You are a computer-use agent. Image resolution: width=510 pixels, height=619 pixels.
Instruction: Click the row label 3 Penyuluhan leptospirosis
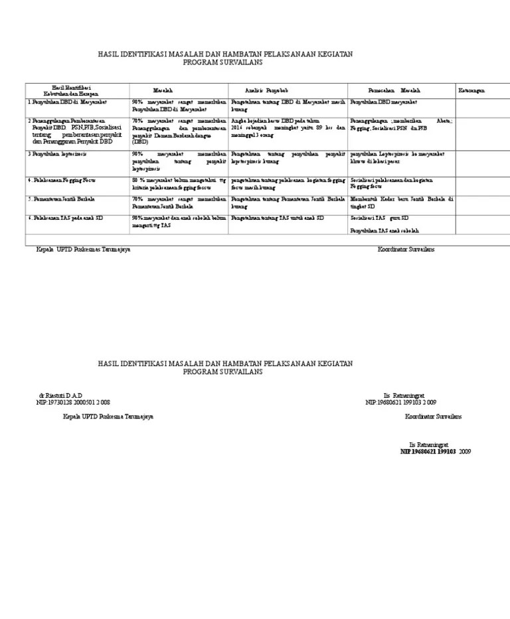57,153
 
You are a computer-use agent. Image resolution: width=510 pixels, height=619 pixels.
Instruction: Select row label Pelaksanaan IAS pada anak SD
66,218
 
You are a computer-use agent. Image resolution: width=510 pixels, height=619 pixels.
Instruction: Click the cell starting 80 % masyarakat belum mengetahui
179,183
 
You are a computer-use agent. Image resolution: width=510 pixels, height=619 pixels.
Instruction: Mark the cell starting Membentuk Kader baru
401,202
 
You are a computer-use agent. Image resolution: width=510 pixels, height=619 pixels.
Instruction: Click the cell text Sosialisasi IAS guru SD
379,218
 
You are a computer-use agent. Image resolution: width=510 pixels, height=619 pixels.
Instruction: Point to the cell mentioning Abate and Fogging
401,124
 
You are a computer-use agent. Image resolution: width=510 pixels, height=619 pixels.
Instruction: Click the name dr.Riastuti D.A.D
60,395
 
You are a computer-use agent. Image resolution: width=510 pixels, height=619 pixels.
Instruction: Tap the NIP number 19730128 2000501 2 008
73,402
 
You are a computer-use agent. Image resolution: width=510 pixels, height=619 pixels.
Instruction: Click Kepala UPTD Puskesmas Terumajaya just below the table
83,249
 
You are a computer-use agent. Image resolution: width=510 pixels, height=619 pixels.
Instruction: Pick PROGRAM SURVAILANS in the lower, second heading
223,372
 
